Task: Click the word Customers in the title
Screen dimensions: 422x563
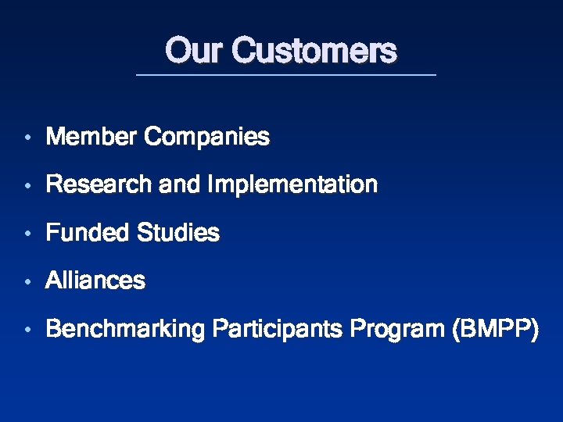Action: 314,52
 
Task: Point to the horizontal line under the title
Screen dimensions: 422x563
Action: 285,75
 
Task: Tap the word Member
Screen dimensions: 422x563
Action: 92,138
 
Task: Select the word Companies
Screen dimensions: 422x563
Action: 207,138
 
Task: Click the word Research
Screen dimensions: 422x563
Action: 100,185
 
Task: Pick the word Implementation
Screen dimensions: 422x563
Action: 292,186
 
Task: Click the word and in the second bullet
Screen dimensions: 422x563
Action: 179,185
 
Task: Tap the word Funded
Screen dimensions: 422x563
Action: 88,233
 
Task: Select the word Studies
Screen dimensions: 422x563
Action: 178,233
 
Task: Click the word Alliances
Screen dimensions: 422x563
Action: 95,281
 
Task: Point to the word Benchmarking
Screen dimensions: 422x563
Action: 124,330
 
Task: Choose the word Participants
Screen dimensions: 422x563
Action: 276,330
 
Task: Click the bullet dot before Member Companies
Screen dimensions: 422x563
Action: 27,138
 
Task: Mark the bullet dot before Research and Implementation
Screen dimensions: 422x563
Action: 27,186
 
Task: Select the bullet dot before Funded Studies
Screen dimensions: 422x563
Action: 27,234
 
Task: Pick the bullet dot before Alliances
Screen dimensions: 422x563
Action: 27,281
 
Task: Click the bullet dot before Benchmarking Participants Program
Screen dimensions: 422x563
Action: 27,331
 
